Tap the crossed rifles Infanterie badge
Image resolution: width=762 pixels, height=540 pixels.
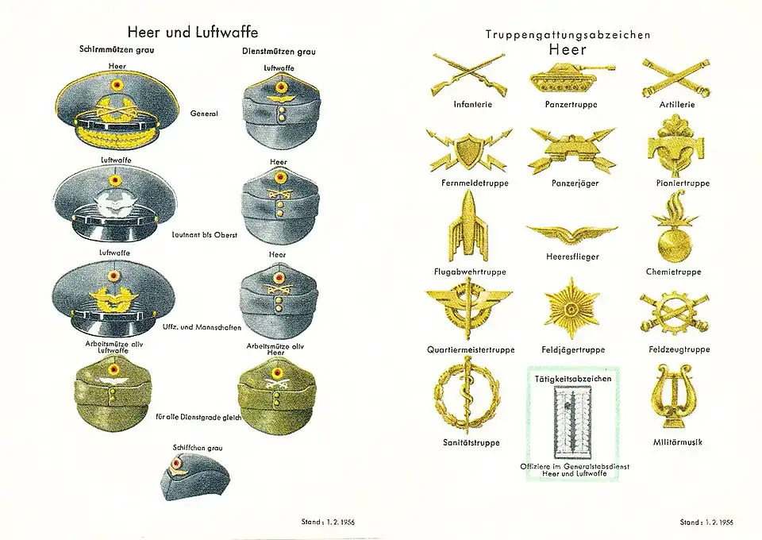point(468,75)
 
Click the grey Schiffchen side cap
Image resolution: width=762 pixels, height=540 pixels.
point(194,477)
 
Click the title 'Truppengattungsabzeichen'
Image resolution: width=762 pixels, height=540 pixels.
point(568,34)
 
